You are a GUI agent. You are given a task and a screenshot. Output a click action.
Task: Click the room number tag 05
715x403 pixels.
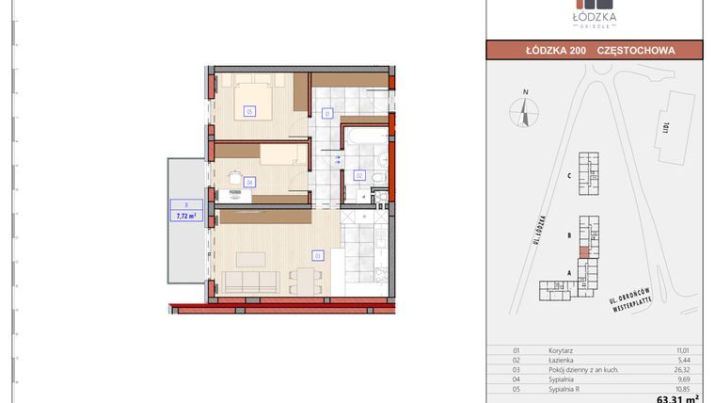[x=249, y=111]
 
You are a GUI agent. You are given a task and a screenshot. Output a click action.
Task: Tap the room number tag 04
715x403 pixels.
[x=249, y=183]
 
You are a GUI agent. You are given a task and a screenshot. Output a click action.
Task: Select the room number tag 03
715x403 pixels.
[x=318, y=254]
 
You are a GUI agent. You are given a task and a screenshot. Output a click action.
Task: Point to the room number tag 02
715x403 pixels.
[x=358, y=175]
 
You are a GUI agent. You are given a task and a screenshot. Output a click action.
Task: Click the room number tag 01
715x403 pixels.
[x=327, y=113]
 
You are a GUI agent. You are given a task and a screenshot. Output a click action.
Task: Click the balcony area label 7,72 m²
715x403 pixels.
[x=186, y=215]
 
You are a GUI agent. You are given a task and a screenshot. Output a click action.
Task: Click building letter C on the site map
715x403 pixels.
[x=569, y=176]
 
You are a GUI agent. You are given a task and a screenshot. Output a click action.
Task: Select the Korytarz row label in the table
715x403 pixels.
[x=562, y=349]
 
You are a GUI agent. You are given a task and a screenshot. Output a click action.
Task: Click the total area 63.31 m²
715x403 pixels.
[x=680, y=398]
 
